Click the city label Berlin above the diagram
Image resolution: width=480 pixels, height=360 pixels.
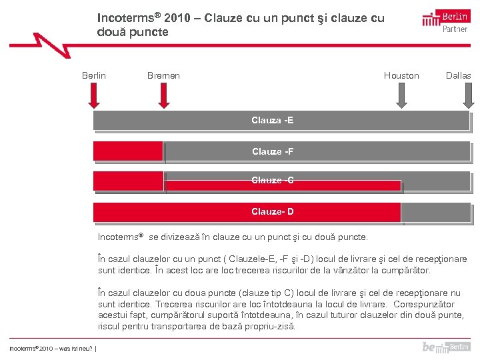[x=93, y=75]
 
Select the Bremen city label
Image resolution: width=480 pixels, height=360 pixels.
[x=163, y=75]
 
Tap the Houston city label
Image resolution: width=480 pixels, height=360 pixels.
[x=401, y=75]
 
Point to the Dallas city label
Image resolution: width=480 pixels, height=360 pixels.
[x=458, y=75]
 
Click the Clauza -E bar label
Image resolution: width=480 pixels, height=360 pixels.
[x=272, y=121]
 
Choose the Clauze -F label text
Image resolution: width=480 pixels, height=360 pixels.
[x=272, y=151]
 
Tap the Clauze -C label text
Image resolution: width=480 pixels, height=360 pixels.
[x=272, y=181]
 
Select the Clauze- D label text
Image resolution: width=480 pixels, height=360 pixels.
[x=272, y=212]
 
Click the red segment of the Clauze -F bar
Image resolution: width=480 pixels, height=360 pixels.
[x=128, y=151]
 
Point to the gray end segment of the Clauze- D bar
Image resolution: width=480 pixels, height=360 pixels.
[x=436, y=213]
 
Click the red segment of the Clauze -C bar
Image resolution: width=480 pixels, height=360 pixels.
[x=128, y=181]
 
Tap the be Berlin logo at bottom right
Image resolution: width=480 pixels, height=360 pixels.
[x=445, y=347]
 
